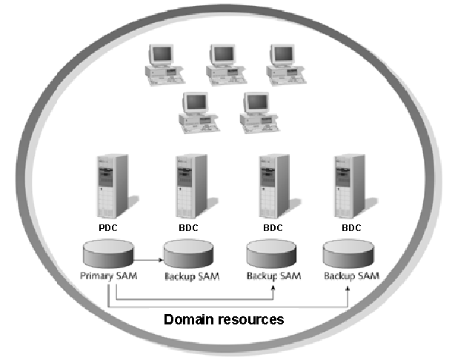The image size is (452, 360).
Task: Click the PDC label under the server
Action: click(x=108, y=227)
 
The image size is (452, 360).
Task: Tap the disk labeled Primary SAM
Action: click(x=110, y=254)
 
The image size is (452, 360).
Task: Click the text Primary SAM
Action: click(x=109, y=276)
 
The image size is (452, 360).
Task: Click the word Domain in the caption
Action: click(x=189, y=320)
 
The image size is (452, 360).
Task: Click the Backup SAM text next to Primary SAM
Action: click(x=190, y=276)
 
